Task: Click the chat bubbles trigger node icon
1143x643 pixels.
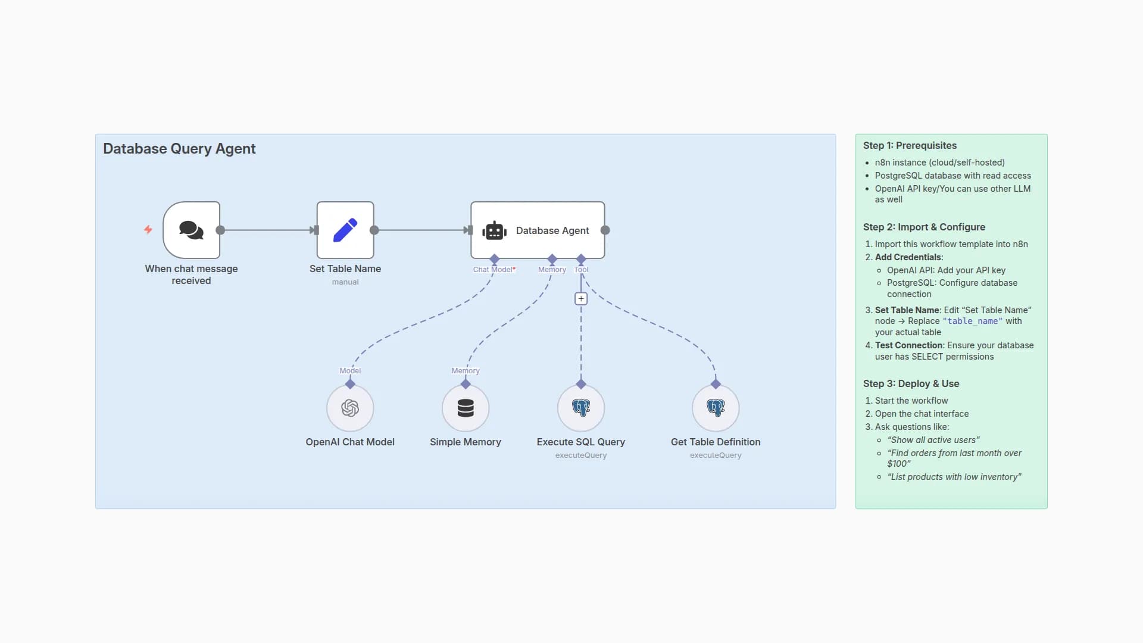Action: [191, 230]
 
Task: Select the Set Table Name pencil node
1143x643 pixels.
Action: [345, 230]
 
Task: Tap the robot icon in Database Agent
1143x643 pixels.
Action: [494, 230]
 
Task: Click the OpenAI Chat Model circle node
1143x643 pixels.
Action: [350, 408]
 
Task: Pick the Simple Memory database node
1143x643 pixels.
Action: [466, 408]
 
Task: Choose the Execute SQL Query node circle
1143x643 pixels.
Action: [581, 408]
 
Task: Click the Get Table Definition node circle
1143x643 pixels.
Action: [716, 408]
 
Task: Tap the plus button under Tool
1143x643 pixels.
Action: [581, 299]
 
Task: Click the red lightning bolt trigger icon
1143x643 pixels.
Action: [148, 230]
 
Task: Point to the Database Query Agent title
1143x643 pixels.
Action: [179, 149]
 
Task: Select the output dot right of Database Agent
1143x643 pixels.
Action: [605, 230]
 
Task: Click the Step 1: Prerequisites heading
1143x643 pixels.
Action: [910, 146]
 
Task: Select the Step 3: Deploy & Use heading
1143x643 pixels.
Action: [911, 384]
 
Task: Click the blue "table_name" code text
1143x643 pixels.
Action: [972, 321]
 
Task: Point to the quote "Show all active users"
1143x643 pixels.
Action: [933, 440]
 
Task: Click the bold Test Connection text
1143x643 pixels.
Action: [908, 345]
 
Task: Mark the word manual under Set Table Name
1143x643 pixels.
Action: [345, 282]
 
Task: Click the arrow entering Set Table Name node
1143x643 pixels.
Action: [313, 230]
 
